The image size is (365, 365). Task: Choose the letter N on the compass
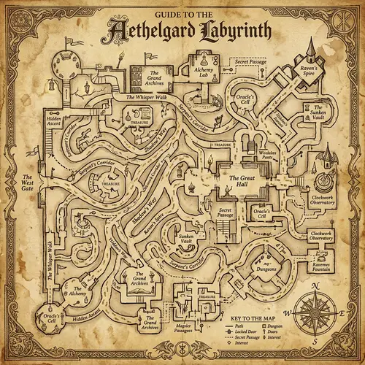[314, 285]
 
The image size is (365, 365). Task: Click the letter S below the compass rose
[315, 340]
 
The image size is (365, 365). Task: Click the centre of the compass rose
[315, 312]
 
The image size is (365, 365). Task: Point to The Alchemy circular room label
[78, 291]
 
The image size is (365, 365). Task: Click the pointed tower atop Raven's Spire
[310, 48]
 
